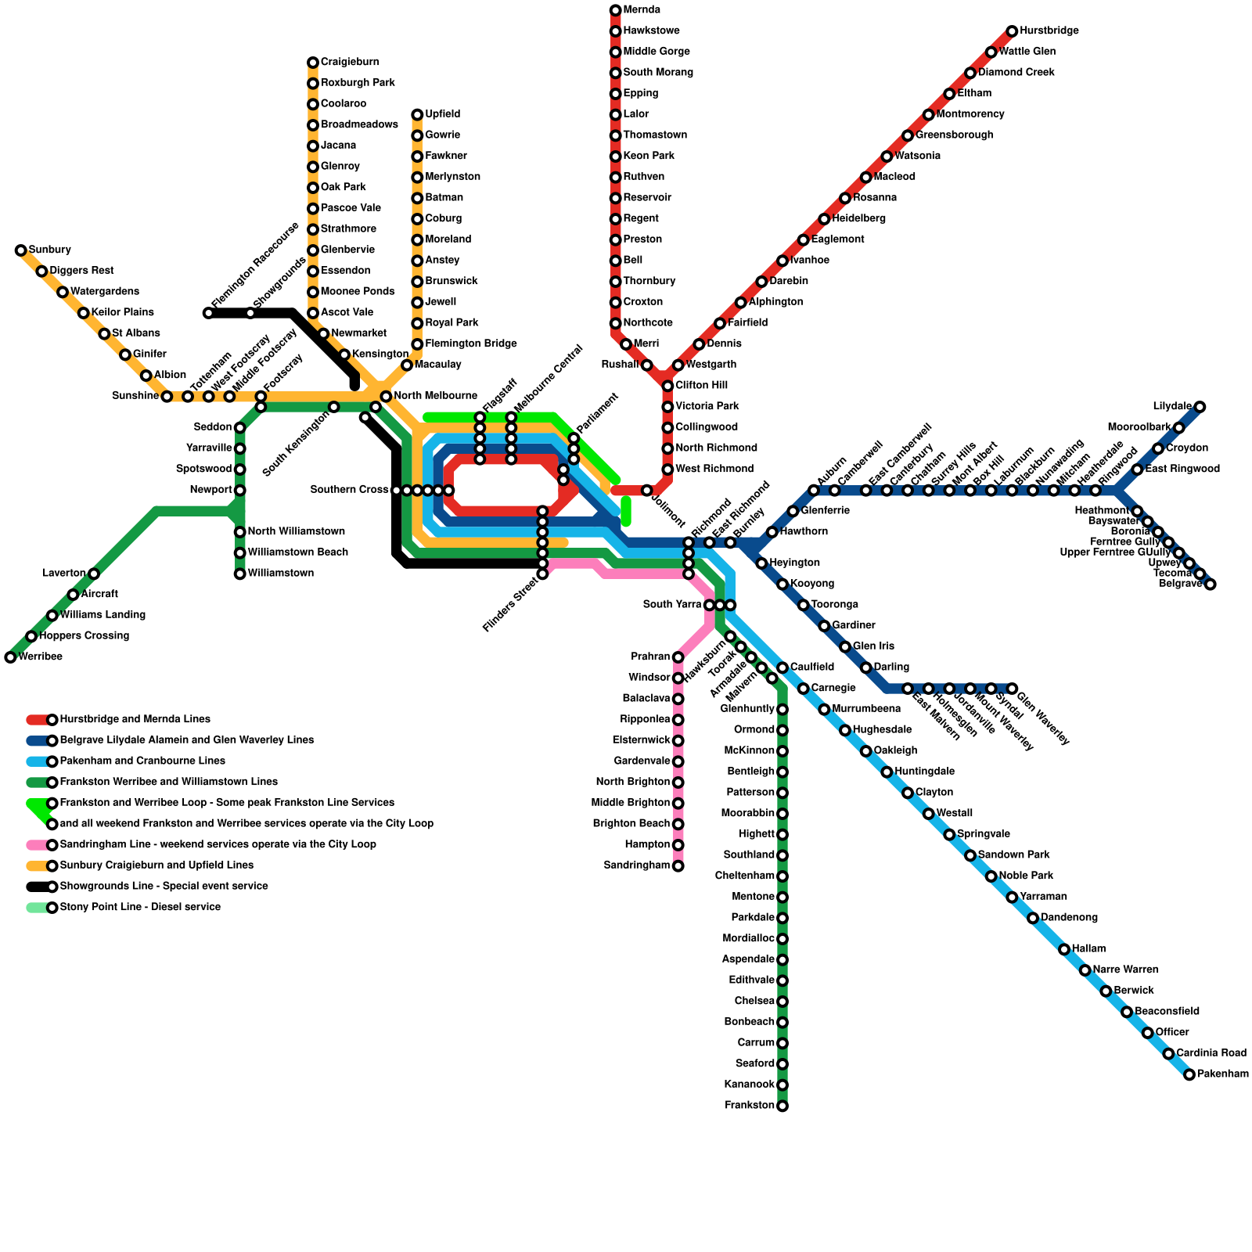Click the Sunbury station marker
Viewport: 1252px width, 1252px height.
point(20,250)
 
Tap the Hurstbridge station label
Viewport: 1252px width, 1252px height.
point(1049,31)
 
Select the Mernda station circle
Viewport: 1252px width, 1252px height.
point(615,10)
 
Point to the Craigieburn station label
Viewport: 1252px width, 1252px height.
point(349,63)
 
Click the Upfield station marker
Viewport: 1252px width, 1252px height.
point(417,115)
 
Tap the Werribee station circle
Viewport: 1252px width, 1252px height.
point(10,657)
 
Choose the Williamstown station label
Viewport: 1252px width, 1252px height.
point(280,574)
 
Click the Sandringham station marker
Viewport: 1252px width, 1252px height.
point(678,866)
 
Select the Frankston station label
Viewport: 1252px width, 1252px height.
point(749,1106)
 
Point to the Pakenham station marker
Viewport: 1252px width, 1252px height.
point(1189,1075)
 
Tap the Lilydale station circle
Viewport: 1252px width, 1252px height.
point(1200,407)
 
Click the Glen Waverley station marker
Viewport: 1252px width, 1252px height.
point(1012,689)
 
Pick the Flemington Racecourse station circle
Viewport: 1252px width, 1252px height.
point(208,313)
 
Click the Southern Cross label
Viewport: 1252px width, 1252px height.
point(349,490)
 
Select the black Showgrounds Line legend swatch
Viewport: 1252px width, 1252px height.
point(38,887)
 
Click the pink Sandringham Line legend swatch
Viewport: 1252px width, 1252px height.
point(38,845)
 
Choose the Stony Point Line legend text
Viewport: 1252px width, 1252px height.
point(140,908)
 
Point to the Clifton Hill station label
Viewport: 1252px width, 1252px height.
point(701,386)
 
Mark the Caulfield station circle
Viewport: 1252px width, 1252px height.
point(782,667)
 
